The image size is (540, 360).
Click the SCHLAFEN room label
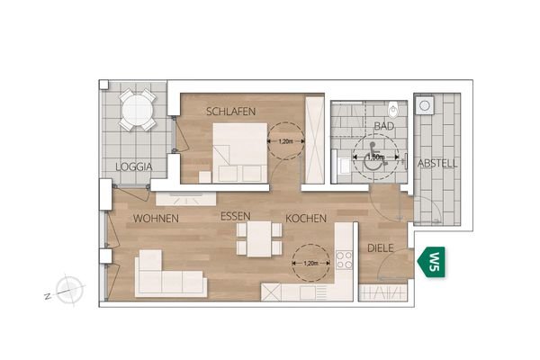(x=231, y=112)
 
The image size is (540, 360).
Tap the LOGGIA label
(x=133, y=166)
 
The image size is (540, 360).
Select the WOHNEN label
(x=156, y=219)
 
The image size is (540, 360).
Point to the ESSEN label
(x=238, y=218)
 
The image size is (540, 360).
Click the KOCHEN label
(x=305, y=219)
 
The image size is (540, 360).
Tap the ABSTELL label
(x=438, y=163)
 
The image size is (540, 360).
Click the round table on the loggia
(x=138, y=109)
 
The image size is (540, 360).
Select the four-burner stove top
(x=344, y=260)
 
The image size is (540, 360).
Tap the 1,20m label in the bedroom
(x=284, y=141)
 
